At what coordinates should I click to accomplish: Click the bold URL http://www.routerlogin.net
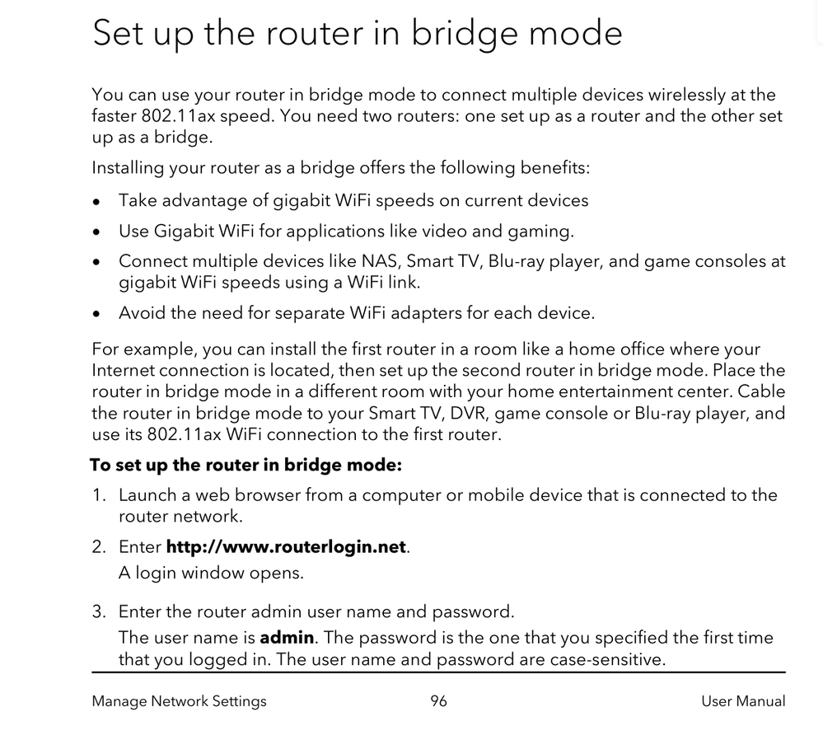point(286,547)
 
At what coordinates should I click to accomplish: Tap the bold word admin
point(287,638)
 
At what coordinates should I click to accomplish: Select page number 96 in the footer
point(438,701)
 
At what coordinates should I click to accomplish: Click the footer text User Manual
point(743,701)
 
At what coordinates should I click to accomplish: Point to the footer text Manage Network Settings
point(179,701)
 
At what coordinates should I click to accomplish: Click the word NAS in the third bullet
point(379,262)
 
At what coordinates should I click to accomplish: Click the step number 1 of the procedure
point(99,495)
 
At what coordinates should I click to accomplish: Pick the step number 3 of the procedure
point(99,611)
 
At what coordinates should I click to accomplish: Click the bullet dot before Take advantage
point(97,201)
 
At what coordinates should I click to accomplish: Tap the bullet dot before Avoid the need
point(97,314)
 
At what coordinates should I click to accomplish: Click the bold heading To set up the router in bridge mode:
point(245,466)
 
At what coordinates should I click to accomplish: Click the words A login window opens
point(211,573)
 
